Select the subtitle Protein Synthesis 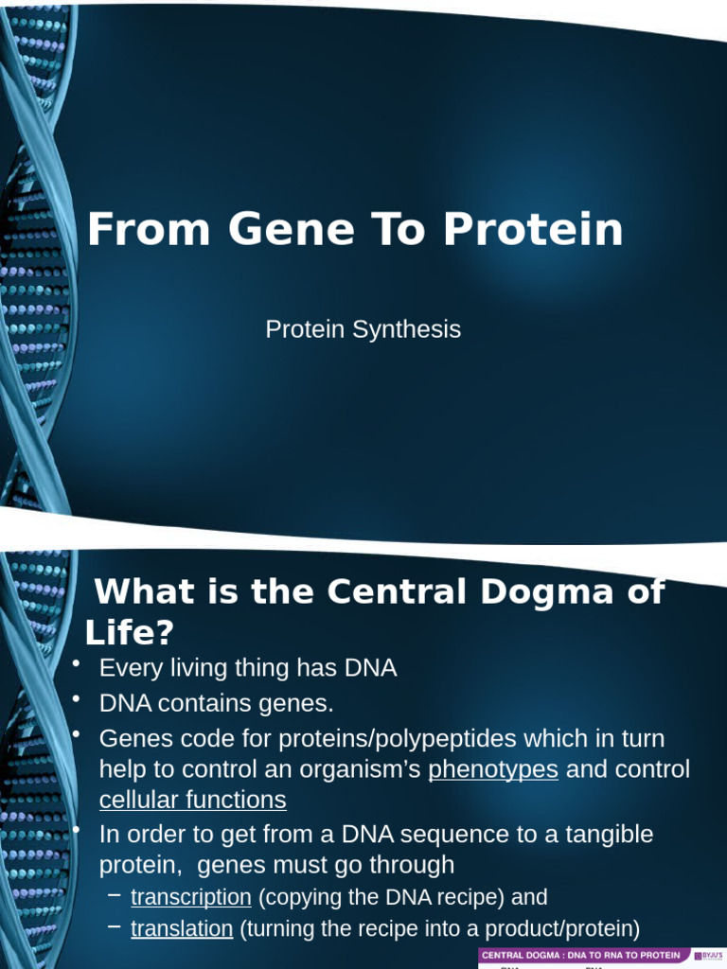pyautogui.click(x=363, y=329)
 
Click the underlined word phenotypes pyautogui.click(x=492, y=769)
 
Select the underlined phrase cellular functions pyautogui.click(x=192, y=800)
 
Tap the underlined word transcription pyautogui.click(x=190, y=896)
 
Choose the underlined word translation pyautogui.click(x=182, y=928)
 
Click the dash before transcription pyautogui.click(x=114, y=895)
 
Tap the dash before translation pyautogui.click(x=114, y=927)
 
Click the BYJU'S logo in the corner pyautogui.click(x=708, y=956)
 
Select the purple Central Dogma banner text pyautogui.click(x=580, y=956)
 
